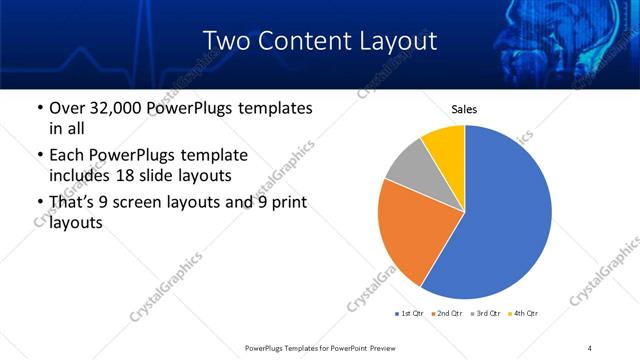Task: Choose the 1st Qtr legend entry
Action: [x=410, y=314]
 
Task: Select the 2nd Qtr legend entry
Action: [x=451, y=314]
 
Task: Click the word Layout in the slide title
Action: [x=394, y=41]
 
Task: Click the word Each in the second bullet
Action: [x=67, y=156]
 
